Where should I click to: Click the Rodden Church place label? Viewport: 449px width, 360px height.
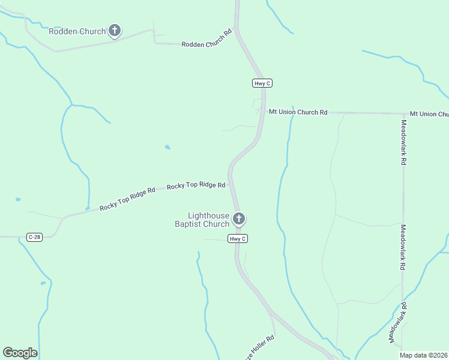click(x=77, y=31)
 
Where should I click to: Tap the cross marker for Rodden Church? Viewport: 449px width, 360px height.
click(x=115, y=31)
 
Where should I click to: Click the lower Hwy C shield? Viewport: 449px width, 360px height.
click(x=238, y=239)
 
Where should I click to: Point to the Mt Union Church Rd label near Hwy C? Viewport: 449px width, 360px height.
click(x=298, y=112)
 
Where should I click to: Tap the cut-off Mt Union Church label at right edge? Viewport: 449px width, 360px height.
click(x=429, y=114)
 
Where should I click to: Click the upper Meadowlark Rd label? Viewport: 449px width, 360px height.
click(x=404, y=142)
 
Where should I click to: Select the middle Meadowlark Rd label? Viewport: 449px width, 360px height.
click(x=403, y=247)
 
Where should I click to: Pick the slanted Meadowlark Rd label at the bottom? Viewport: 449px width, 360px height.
click(x=398, y=323)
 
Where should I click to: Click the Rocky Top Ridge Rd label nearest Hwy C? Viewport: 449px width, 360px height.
click(x=196, y=186)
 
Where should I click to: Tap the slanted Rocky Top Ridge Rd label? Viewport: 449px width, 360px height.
click(x=127, y=198)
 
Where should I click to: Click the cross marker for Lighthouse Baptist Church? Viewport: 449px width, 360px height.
click(x=239, y=218)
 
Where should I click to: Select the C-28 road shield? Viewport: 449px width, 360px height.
click(x=34, y=238)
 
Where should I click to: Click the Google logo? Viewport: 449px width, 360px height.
click(x=20, y=353)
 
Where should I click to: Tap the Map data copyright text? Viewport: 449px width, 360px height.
click(x=424, y=355)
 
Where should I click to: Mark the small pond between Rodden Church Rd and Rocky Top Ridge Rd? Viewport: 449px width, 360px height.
click(x=167, y=147)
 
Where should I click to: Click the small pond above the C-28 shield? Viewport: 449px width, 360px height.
click(x=18, y=199)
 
